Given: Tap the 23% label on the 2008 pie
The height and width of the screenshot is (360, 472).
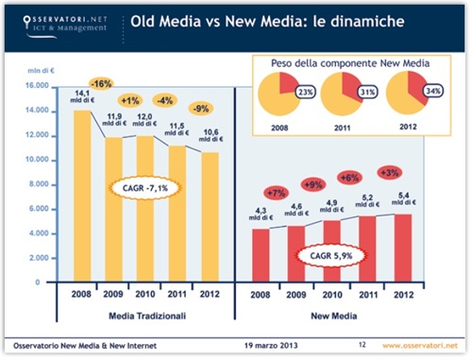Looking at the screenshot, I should tap(304, 93).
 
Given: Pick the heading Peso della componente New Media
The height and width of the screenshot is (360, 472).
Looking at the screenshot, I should tap(346, 61).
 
